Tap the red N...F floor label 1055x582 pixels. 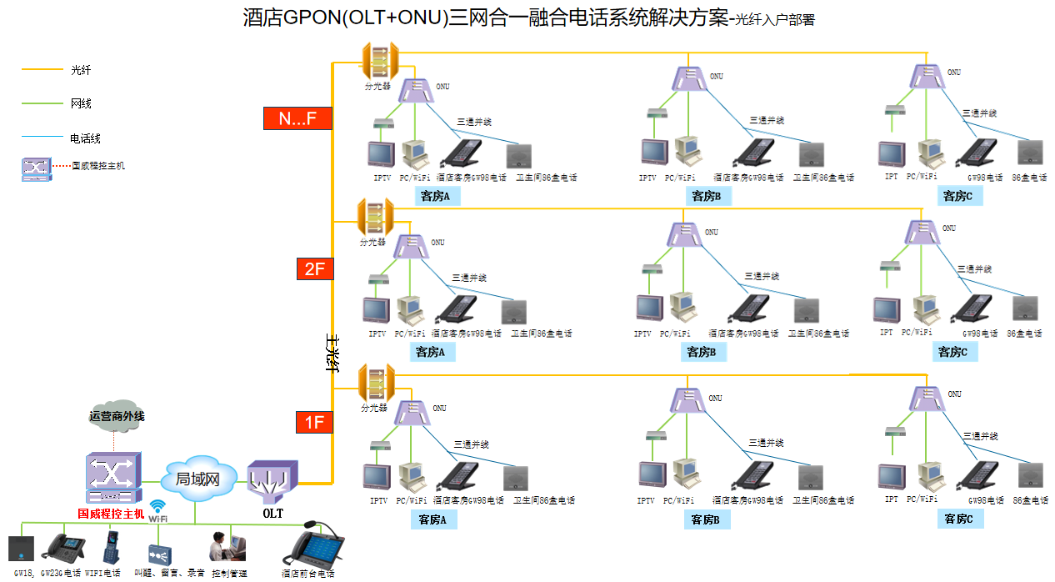click(297, 118)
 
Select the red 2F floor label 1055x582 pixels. click(314, 268)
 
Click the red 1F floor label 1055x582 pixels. click(314, 422)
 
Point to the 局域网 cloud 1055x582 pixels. click(197, 479)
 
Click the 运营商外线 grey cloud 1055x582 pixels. click(117, 415)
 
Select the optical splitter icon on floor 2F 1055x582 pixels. click(373, 218)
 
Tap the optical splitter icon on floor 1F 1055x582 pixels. click(376, 383)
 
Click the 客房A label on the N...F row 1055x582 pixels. click(435, 197)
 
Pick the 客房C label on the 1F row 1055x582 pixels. click(958, 519)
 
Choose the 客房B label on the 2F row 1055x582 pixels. click(702, 352)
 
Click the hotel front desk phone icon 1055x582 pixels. click(313, 546)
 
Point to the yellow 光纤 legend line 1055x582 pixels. click(42, 70)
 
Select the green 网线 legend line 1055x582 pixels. click(42, 103)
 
